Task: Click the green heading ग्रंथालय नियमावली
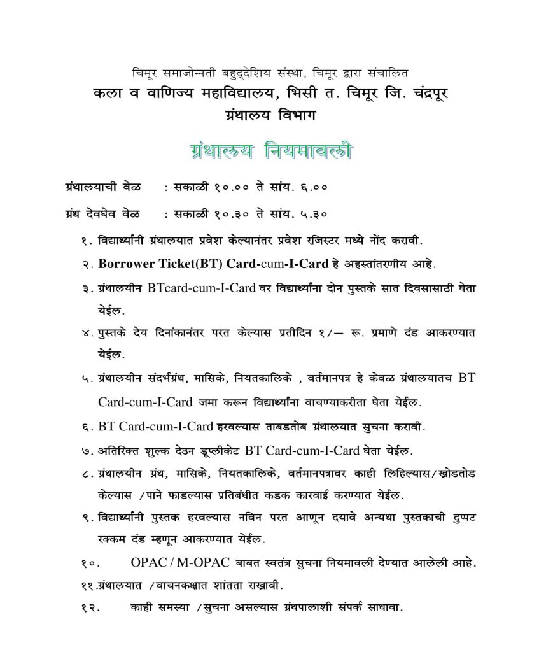pos(270,153)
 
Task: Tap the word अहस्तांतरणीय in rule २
pos(374,264)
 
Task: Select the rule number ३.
pos(86,289)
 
